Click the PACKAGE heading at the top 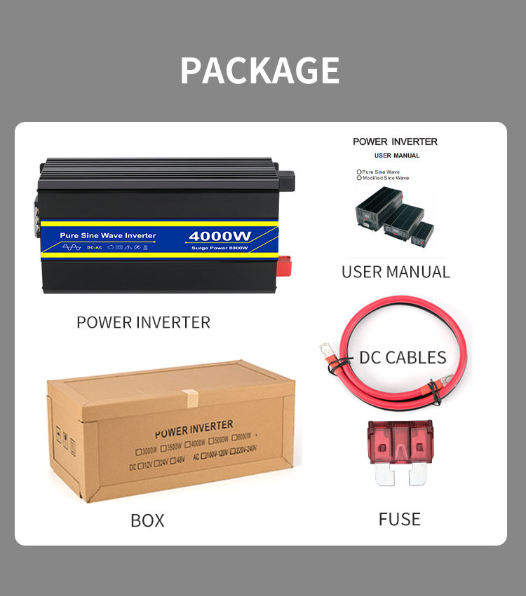259,70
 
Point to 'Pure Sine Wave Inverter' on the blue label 108,235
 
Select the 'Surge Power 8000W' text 220,248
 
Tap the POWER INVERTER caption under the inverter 143,322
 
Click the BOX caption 147,520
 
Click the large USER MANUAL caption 396,272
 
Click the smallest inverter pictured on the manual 422,232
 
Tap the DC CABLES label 403,357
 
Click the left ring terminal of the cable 327,349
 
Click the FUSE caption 400,519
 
